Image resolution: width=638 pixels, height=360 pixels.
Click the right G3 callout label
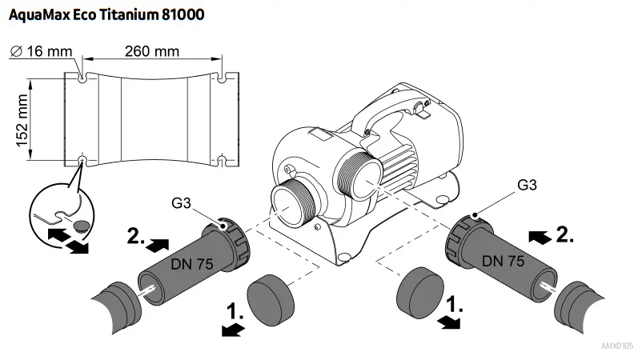tap(527, 185)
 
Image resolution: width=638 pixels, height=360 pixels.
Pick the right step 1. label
tap(454, 305)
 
